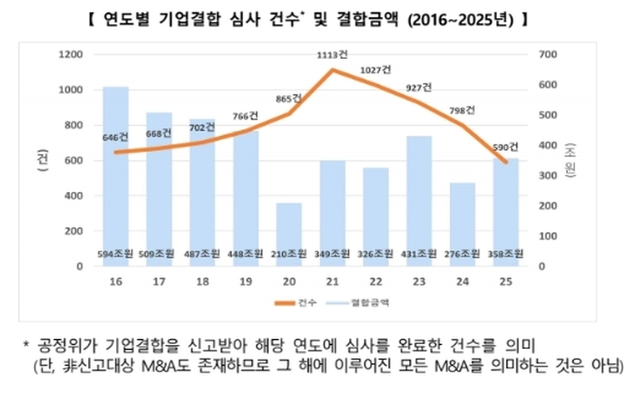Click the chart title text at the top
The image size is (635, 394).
[318, 18]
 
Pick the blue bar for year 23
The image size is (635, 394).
[419, 195]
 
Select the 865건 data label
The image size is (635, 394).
[289, 99]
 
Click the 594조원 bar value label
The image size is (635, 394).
[115, 254]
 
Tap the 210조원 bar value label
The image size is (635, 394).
[289, 254]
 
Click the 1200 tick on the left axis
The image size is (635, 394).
[70, 54]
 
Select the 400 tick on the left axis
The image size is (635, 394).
[73, 196]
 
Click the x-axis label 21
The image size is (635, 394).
[333, 282]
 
